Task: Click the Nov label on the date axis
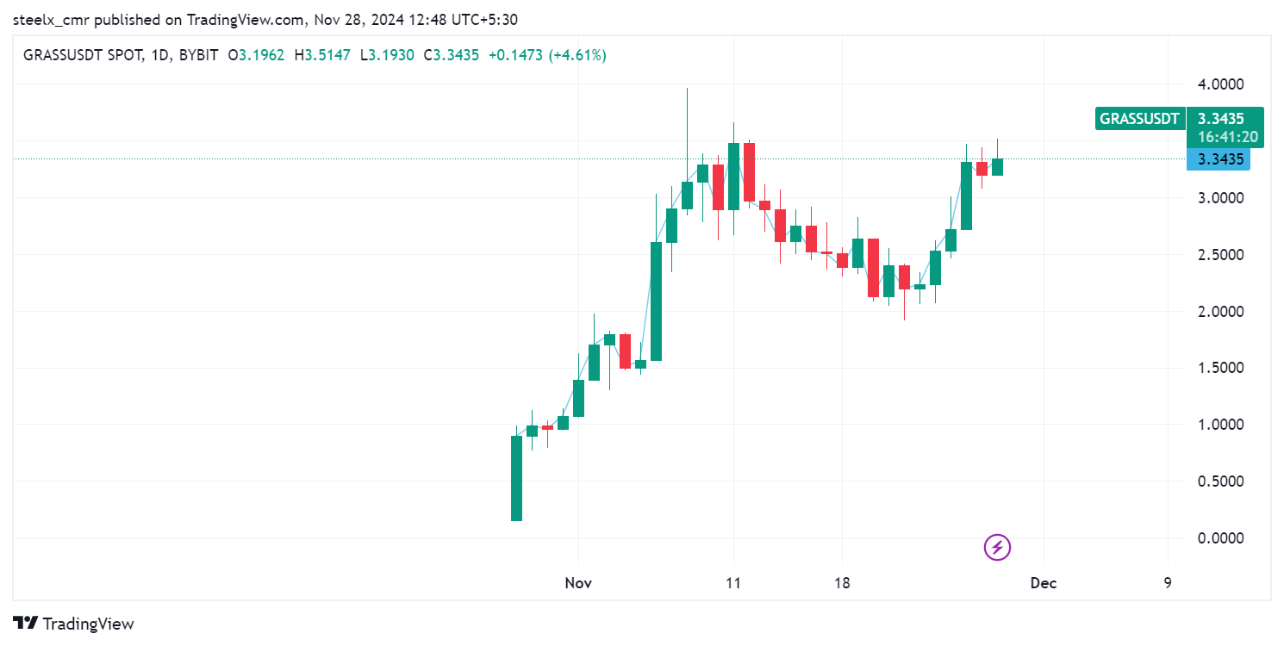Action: [578, 583]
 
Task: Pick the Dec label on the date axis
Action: [1044, 583]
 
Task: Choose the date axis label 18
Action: [842, 583]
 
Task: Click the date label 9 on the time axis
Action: [1168, 583]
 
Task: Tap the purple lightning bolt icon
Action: [997, 547]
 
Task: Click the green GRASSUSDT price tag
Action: [1139, 119]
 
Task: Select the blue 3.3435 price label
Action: [1218, 159]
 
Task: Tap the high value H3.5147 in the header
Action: [322, 55]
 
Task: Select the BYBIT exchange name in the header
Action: [198, 55]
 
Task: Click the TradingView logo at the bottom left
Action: [74, 624]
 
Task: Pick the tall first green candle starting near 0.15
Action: [516, 478]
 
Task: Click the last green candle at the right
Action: [997, 166]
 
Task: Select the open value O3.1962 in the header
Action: [256, 55]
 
